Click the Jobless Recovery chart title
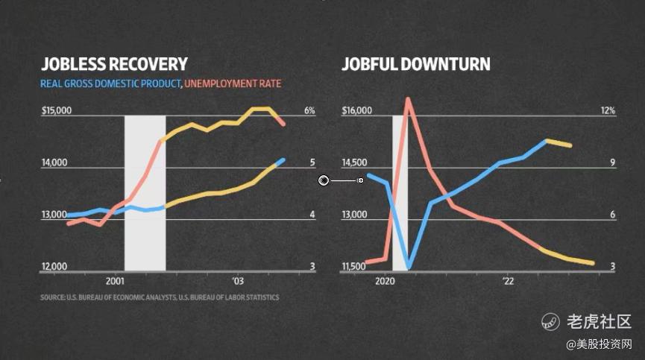tap(114, 64)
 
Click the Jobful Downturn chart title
tap(415, 64)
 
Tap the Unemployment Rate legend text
tap(233, 83)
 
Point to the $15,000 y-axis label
tap(56, 111)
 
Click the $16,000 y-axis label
tap(356, 111)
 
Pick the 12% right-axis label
tap(608, 111)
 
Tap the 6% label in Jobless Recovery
tap(309, 111)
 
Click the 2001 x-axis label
tap(115, 281)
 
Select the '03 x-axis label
tap(238, 281)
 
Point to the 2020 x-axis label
tap(385, 281)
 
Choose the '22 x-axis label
tap(508, 281)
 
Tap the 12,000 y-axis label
tap(54, 266)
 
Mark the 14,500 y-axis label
tap(354, 163)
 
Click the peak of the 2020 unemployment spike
tap(408, 99)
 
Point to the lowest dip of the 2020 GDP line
tap(408, 266)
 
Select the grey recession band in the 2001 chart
tap(145, 192)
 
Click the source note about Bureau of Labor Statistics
tap(160, 297)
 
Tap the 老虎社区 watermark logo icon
tap(550, 321)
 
